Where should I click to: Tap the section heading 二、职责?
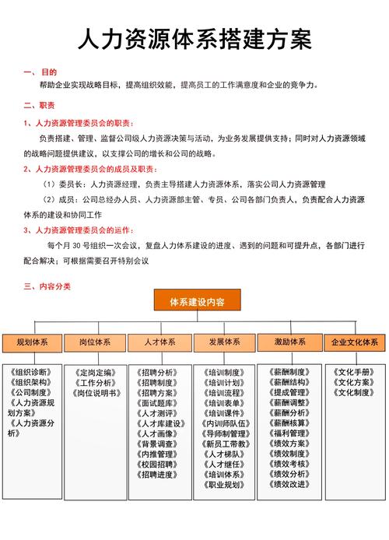coord(39,105)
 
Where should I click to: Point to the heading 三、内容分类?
coord(47,286)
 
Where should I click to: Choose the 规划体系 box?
coord(32,342)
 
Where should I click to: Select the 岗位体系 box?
coord(95,342)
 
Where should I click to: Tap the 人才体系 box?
coord(159,342)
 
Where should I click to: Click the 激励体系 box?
coord(289,342)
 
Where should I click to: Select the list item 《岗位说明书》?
coord(96,394)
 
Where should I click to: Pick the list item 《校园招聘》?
coord(157,464)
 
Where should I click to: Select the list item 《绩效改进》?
coord(287,484)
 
